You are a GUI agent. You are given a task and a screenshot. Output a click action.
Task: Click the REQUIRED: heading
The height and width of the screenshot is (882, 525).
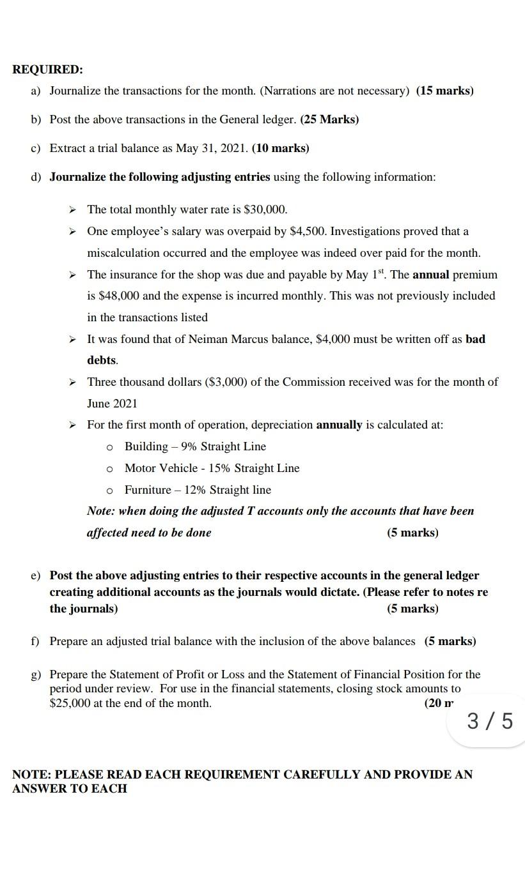tap(48, 69)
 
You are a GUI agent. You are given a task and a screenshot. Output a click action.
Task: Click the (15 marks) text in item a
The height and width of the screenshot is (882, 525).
tap(444, 91)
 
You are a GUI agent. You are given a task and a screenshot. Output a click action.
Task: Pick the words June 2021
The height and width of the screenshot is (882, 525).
tap(112, 404)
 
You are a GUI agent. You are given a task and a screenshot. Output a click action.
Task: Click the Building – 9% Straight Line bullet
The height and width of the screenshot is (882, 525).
tap(195, 446)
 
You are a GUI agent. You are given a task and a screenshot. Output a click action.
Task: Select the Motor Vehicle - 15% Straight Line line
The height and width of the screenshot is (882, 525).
tap(212, 468)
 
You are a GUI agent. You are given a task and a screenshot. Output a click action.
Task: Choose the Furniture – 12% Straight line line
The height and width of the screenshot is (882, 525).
tap(198, 490)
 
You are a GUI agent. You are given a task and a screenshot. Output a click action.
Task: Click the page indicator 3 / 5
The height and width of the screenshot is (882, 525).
tap(490, 721)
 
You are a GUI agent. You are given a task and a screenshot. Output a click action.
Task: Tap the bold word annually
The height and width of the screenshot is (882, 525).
tap(339, 425)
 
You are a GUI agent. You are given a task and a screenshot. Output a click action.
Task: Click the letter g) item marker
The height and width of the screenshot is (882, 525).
tap(36, 674)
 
